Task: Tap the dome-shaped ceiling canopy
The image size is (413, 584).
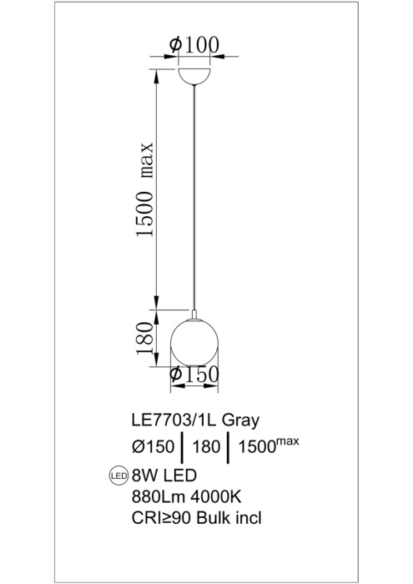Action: point(195,73)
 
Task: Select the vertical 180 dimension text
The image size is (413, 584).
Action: point(145,336)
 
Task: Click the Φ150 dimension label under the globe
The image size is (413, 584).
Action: point(194,376)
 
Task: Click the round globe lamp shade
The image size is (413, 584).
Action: point(194,340)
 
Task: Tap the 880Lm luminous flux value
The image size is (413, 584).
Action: point(156,497)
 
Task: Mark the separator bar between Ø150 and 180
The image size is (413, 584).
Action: point(181,446)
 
